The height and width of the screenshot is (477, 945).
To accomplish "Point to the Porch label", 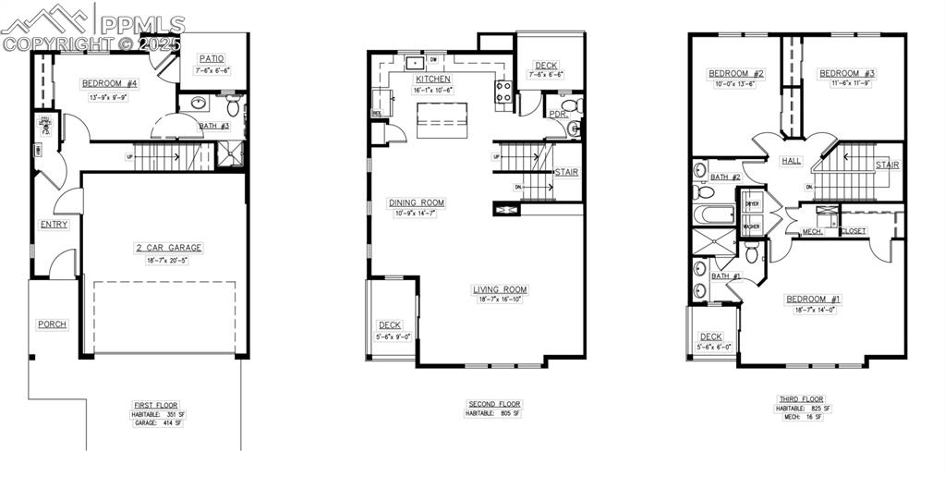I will (52, 324).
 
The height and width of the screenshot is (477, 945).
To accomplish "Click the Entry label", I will (54, 224).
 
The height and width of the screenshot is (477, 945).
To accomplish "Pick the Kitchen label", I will (432, 79).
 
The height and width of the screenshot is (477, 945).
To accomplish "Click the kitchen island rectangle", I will (440, 120).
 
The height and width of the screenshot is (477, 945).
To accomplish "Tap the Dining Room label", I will (416, 202).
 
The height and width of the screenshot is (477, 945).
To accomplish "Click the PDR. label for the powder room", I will (557, 115).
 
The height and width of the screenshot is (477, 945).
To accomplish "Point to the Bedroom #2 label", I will (736, 73).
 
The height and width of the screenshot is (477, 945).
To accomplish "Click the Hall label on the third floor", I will (792, 160).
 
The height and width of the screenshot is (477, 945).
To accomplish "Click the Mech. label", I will (812, 231).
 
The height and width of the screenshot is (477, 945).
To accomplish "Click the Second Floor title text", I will (492, 404).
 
